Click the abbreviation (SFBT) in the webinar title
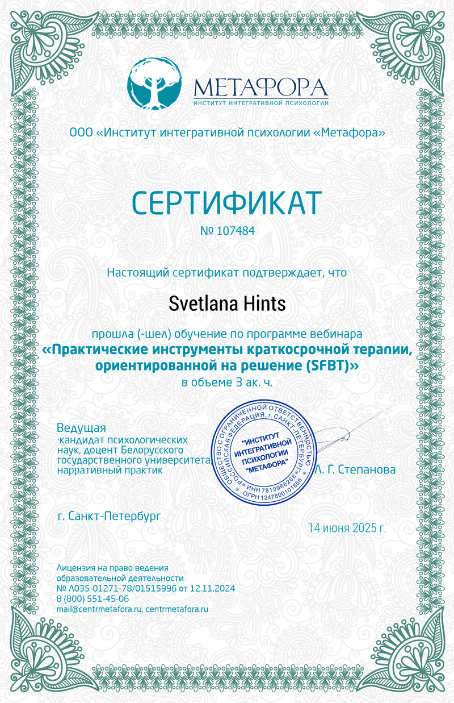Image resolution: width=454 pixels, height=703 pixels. point(329,366)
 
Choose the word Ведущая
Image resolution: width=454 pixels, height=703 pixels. point(82,427)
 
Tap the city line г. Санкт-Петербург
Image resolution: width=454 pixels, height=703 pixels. point(109,516)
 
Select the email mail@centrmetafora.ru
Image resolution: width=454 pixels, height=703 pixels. point(99,609)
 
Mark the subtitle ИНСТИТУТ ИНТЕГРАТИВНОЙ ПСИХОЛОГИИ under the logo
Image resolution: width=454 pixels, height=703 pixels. point(261,103)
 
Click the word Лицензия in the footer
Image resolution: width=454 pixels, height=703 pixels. point(75,568)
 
